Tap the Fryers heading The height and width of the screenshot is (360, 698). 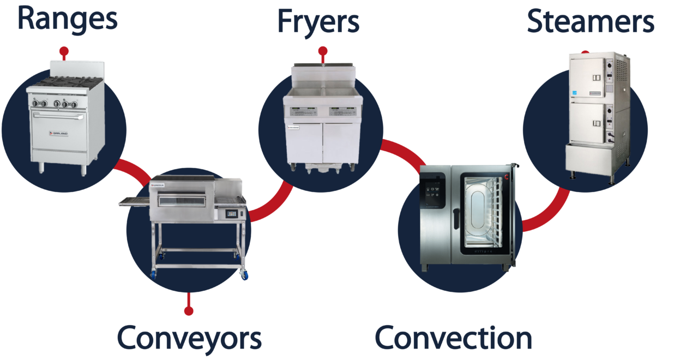pyautogui.click(x=318, y=22)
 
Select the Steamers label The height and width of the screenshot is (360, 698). pyautogui.click(x=590, y=22)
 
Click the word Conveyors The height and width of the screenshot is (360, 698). pyautogui.click(x=189, y=338)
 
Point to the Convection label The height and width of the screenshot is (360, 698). pyautogui.click(x=453, y=338)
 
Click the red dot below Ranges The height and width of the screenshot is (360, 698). pyautogui.click(x=64, y=53)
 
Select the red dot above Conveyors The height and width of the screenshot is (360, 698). pyautogui.click(x=189, y=311)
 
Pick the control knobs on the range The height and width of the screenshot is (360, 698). pyautogui.click(x=55, y=104)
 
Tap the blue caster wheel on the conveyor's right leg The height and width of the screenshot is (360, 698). pyautogui.click(x=243, y=275)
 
